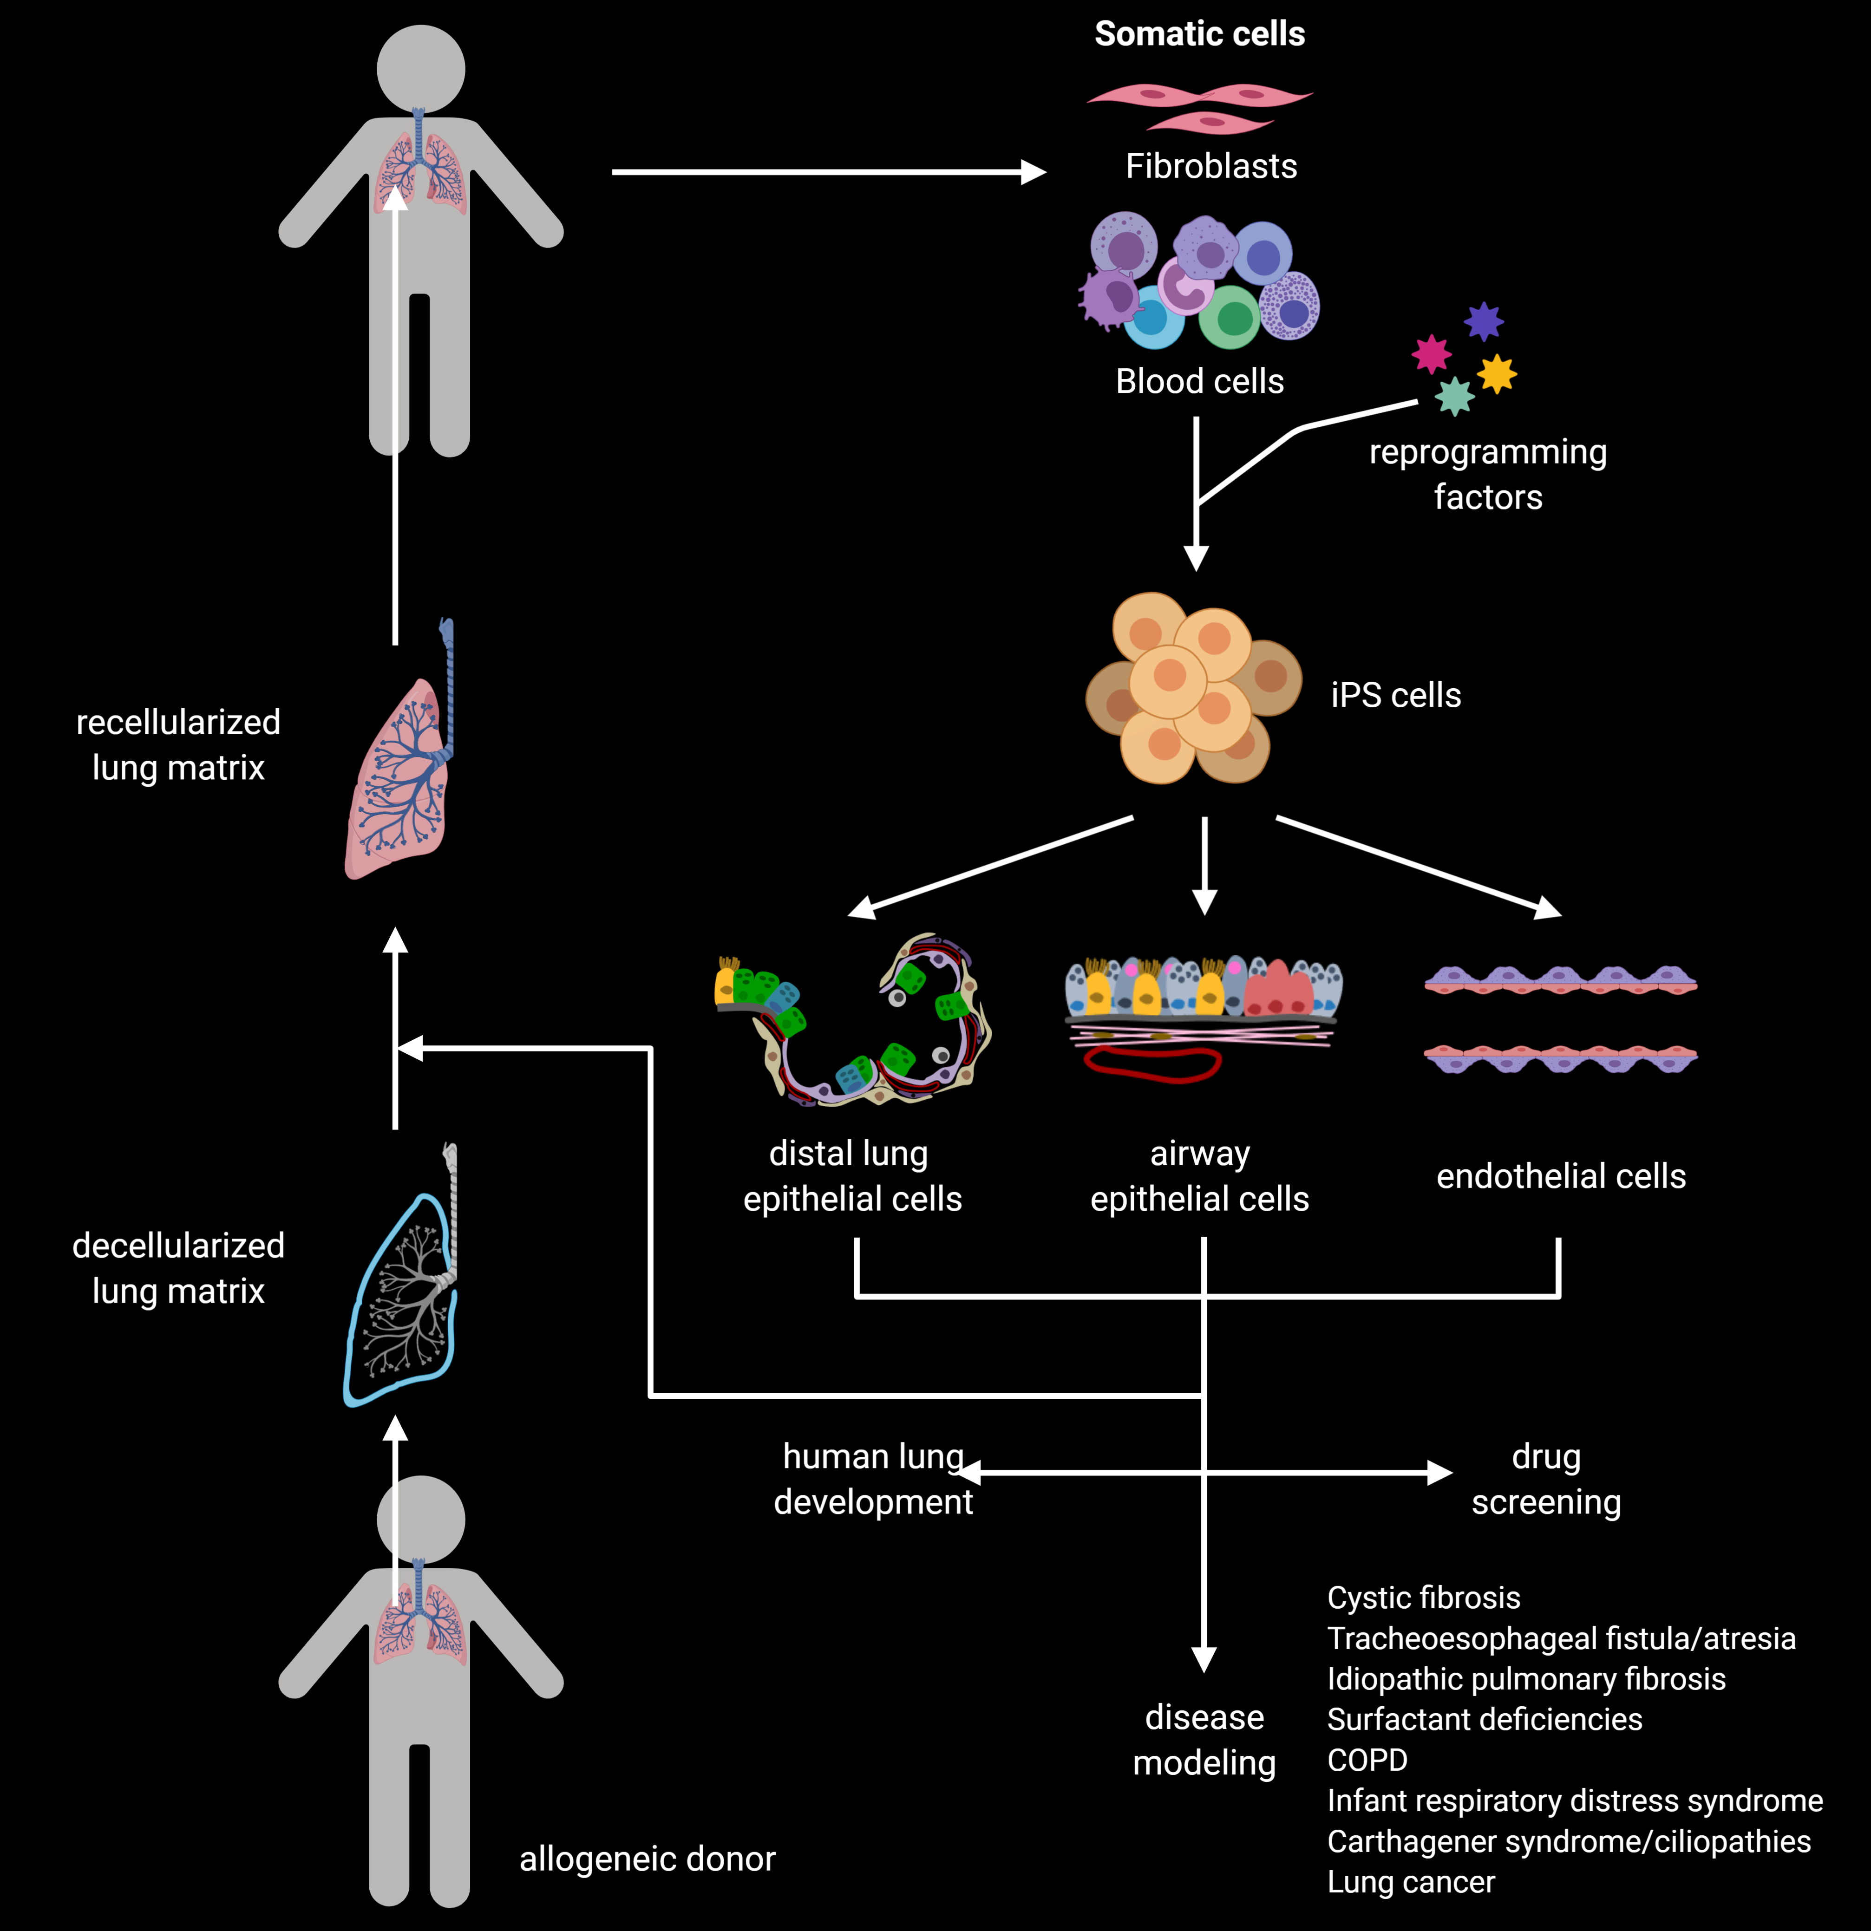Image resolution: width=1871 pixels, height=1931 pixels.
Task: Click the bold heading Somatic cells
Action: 1199,34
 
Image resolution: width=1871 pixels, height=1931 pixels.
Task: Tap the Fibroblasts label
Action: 1211,167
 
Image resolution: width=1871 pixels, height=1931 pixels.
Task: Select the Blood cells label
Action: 1199,381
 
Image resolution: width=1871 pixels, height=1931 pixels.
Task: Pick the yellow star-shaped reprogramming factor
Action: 1497,373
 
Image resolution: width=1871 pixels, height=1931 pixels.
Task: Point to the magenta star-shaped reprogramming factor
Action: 1432,354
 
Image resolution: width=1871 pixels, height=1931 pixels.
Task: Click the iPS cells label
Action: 1395,696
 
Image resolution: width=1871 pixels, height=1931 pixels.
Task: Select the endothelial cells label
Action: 1561,1176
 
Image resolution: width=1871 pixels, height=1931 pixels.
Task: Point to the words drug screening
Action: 1546,1479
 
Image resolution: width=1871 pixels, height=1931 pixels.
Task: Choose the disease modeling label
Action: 1204,1740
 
